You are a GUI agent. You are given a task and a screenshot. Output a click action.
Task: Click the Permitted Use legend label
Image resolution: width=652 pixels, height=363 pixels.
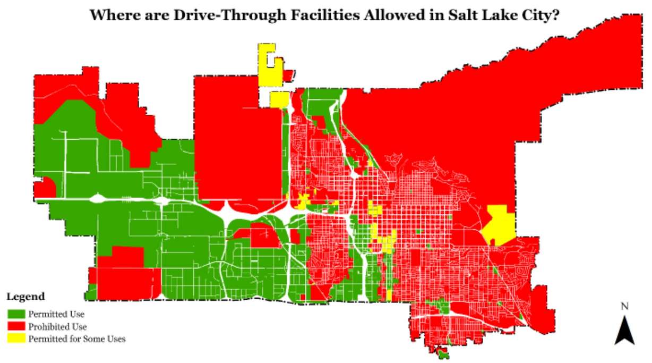[x=57, y=314]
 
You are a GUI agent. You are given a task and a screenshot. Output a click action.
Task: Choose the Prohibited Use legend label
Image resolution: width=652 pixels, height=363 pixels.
[x=58, y=326]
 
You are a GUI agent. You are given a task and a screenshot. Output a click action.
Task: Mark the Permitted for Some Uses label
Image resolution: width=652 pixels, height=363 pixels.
[x=77, y=339]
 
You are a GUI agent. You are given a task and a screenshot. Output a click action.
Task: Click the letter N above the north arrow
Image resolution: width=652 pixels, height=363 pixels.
[x=625, y=306]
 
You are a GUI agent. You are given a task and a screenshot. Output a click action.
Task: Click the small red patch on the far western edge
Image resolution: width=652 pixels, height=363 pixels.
[x=44, y=188]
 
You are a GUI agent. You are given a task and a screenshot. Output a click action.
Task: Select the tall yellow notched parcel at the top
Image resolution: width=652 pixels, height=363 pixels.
[x=266, y=64]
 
